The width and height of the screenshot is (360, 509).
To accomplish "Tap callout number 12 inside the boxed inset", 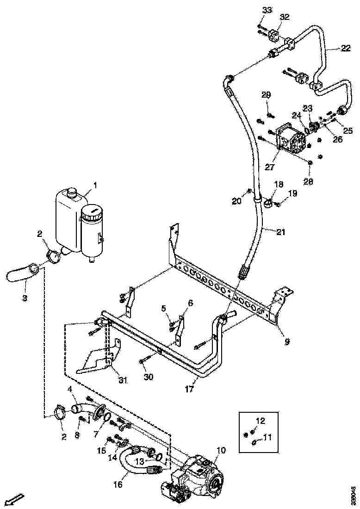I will coord(261,421).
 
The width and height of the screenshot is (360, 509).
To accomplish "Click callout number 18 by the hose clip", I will coord(279,184).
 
